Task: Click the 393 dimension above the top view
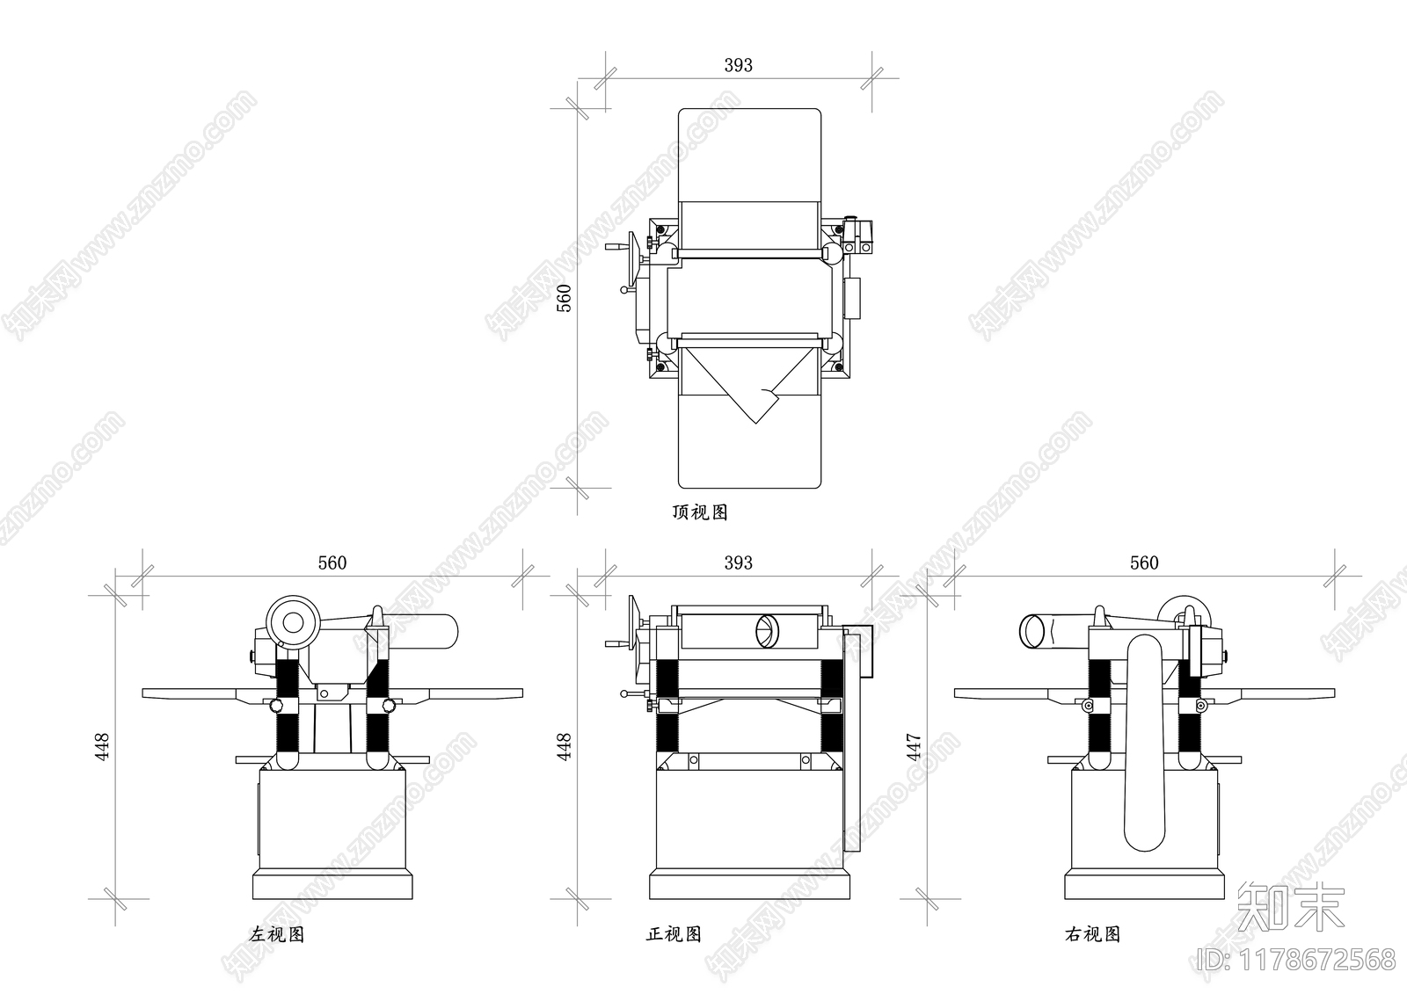click(738, 65)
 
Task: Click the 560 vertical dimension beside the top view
click(565, 298)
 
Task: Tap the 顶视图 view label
click(700, 512)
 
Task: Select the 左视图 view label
click(276, 934)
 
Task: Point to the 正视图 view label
click(674, 933)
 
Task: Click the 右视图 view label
click(1092, 934)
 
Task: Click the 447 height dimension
click(914, 747)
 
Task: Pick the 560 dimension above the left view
click(332, 562)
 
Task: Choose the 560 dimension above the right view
click(1144, 562)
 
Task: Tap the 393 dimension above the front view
click(738, 562)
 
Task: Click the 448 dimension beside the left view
click(102, 747)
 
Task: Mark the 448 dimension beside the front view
click(565, 747)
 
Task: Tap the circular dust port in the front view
click(767, 631)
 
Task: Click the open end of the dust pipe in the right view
click(1033, 631)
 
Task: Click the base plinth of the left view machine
click(333, 884)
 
